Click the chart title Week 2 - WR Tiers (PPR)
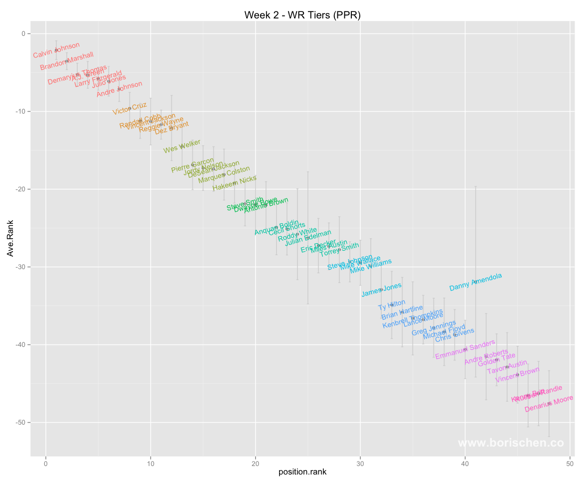pyautogui.click(x=302, y=15)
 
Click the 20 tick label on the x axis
pyautogui.click(x=256, y=464)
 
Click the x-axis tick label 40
pyautogui.click(x=465, y=464)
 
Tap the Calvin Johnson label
pyautogui.click(x=56, y=50)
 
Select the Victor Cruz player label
pyautogui.click(x=130, y=109)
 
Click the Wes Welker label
pyautogui.click(x=182, y=146)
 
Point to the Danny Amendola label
pyautogui.click(x=475, y=282)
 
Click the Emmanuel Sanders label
pyautogui.click(x=465, y=349)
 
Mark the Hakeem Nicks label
pyautogui.click(x=234, y=183)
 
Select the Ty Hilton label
pyautogui.click(x=392, y=305)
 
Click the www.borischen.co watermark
pyautogui.click(x=511, y=443)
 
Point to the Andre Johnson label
pyautogui.click(x=119, y=89)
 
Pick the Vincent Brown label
pyautogui.click(x=517, y=374)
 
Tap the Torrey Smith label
pyautogui.click(x=339, y=250)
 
